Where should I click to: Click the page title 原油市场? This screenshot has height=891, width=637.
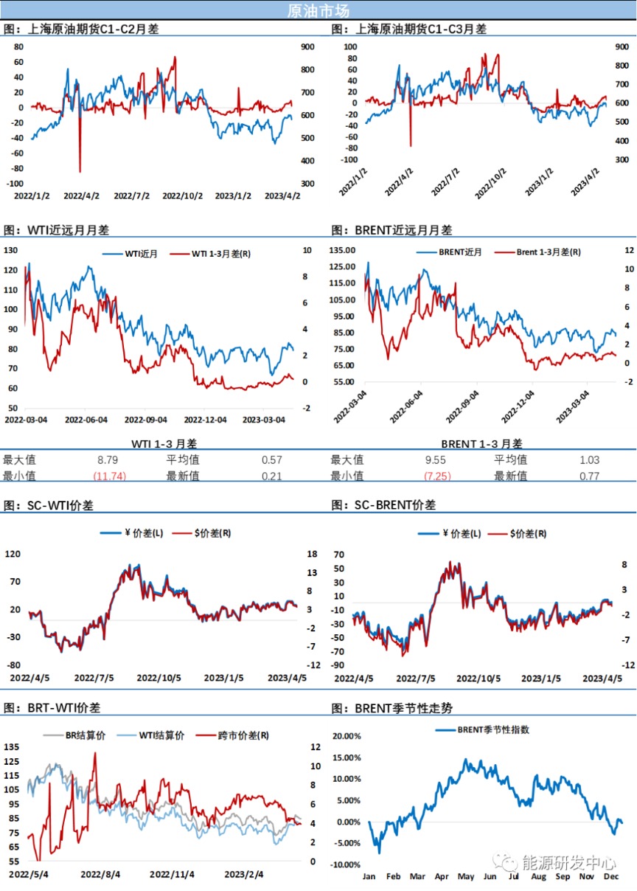tap(318, 10)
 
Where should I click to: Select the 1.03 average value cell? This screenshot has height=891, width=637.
tap(591, 460)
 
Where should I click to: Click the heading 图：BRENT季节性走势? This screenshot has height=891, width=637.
tap(392, 708)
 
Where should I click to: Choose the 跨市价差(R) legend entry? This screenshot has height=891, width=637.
tap(243, 735)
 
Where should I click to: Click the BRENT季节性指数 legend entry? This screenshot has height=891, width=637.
tap(493, 729)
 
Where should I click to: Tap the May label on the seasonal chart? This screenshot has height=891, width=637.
tap(465, 877)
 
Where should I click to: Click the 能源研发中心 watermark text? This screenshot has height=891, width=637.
tap(568, 861)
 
